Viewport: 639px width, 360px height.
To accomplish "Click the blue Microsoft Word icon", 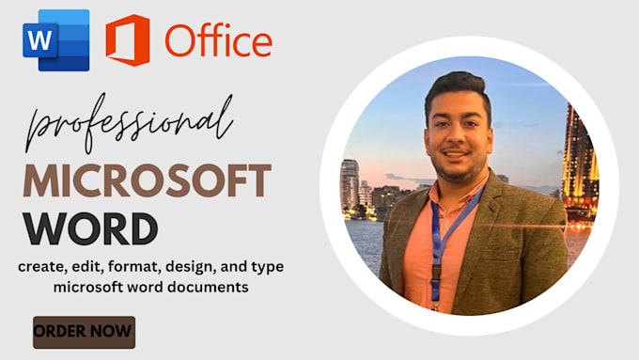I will (x=57, y=39).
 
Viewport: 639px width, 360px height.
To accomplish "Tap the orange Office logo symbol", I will (x=127, y=39).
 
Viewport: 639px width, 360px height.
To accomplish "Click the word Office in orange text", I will (x=218, y=40).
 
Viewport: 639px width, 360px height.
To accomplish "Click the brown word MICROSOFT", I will (x=148, y=180).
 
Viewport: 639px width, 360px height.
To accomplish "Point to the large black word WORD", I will (x=91, y=228).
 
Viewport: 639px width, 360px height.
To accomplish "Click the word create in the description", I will (x=41, y=267).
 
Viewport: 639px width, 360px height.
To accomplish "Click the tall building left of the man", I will (x=350, y=183).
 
